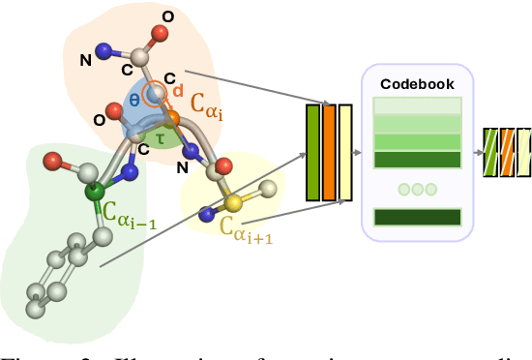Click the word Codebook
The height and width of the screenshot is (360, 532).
coord(418,84)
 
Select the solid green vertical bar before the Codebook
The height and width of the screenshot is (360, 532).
coord(311,151)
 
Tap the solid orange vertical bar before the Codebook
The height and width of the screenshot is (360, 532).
coord(329,151)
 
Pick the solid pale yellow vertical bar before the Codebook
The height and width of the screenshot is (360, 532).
coord(345,151)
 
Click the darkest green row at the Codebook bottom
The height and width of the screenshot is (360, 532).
coord(418,218)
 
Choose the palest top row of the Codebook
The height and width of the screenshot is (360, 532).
coord(418,106)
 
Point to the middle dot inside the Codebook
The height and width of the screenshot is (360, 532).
coord(418,190)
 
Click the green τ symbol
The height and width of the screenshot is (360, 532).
coord(163,138)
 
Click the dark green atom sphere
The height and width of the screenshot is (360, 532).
coord(95,193)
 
